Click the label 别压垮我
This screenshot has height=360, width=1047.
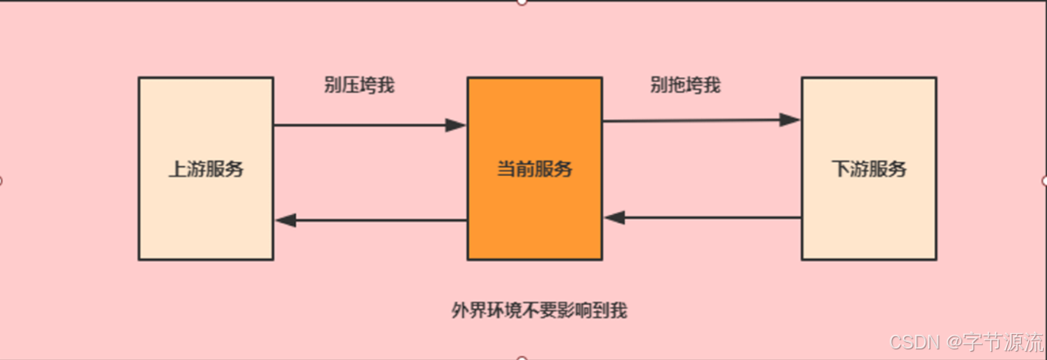359,85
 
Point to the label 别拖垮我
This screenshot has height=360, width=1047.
685,85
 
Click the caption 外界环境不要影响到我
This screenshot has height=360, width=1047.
539,310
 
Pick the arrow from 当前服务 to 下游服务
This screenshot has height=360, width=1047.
693,121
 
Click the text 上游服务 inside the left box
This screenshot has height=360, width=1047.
205,169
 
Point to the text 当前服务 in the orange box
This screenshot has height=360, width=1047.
534,169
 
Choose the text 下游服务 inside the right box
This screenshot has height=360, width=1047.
869,169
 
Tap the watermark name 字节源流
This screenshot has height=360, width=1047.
1002,340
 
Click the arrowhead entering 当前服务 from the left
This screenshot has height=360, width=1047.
455,125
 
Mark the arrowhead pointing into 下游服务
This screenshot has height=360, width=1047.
790,120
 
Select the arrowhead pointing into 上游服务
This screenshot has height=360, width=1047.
285,220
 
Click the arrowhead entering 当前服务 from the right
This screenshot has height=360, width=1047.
614,217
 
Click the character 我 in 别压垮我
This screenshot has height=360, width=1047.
386,85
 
